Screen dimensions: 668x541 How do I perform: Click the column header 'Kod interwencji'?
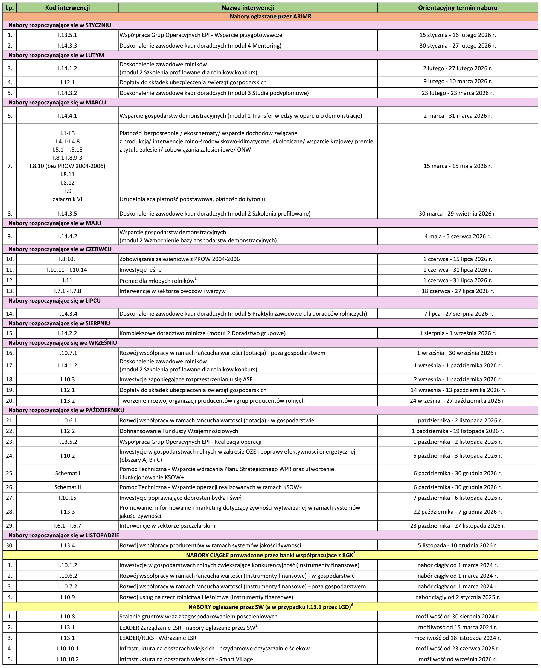[67, 8]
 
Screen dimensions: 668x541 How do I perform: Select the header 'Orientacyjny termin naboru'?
[458, 8]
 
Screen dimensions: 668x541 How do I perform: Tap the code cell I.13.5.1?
[67, 35]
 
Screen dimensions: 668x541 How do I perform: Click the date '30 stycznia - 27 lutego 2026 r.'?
[458, 45]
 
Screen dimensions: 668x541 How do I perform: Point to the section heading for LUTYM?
[56, 55]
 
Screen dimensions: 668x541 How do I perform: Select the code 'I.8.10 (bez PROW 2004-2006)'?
[67, 166]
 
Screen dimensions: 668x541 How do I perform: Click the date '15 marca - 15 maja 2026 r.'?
[458, 166]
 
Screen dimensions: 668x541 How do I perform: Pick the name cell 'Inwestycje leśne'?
[141, 270]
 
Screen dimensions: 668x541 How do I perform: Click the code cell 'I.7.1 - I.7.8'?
[67, 291]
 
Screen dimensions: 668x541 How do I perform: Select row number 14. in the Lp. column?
[10, 313]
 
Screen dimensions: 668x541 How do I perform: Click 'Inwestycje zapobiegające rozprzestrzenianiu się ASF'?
[186, 379]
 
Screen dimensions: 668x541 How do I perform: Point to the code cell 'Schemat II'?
[67, 487]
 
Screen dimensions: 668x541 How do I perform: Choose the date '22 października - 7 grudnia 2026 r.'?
[458, 512]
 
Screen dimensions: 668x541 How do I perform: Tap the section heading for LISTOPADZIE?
[63, 535]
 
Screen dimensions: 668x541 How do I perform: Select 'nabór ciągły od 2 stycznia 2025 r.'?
[458, 597]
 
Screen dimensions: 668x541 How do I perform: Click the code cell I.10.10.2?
[67, 659]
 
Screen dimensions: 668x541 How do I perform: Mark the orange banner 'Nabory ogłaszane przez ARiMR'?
[270, 16]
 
